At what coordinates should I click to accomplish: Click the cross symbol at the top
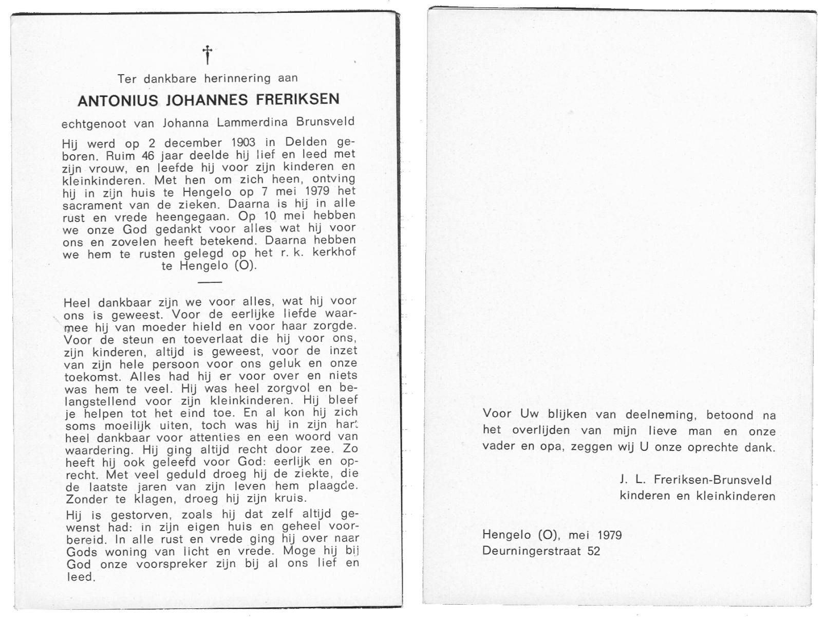coord(207,54)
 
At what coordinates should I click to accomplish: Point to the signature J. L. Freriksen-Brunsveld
coord(696,480)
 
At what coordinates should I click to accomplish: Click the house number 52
coord(593,551)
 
